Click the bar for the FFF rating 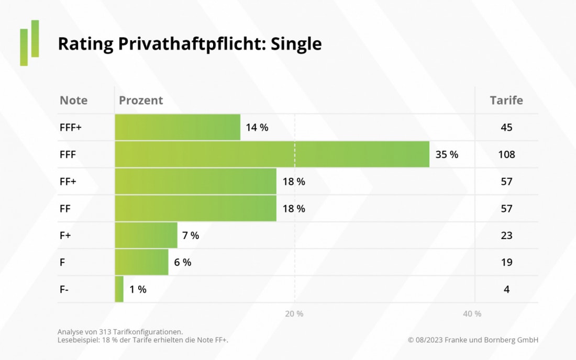(x=272, y=154)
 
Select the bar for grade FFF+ (x=178, y=127)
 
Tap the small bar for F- (x=119, y=289)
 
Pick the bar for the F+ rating (x=146, y=235)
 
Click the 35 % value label (x=447, y=154)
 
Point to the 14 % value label (x=257, y=127)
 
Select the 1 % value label (x=138, y=289)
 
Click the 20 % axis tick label (x=294, y=314)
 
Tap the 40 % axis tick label (x=472, y=314)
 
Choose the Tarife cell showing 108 (x=506, y=154)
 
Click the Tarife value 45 (x=506, y=127)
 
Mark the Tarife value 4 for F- (x=506, y=289)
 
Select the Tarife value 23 (x=506, y=235)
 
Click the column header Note (x=74, y=100)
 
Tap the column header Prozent (x=141, y=100)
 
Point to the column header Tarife (x=506, y=100)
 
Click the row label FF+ (x=69, y=182)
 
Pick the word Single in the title (x=296, y=44)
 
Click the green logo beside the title (x=30, y=43)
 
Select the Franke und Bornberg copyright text (x=473, y=340)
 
